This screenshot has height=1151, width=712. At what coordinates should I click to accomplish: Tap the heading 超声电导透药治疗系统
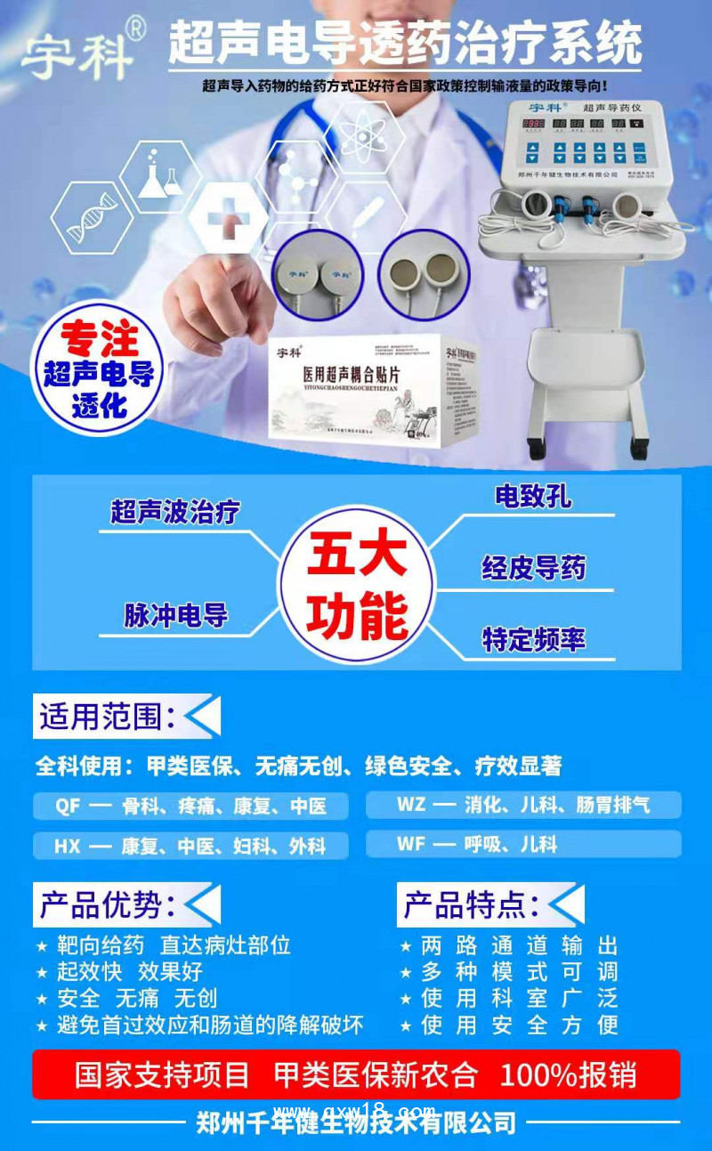[405, 42]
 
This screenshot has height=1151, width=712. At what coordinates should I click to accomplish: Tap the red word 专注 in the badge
[98, 341]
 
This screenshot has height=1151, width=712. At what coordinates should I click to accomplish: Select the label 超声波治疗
[174, 512]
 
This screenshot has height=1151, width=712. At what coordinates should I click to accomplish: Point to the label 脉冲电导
[175, 615]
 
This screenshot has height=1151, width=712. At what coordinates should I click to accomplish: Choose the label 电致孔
[533, 496]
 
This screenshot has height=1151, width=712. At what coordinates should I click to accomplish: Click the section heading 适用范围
[107, 717]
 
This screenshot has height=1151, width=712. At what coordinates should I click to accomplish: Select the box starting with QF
[190, 807]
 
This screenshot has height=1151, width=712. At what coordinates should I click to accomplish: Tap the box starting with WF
[523, 843]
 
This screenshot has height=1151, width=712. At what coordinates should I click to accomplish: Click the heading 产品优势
[107, 904]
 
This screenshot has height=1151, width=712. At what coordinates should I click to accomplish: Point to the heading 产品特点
[471, 904]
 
